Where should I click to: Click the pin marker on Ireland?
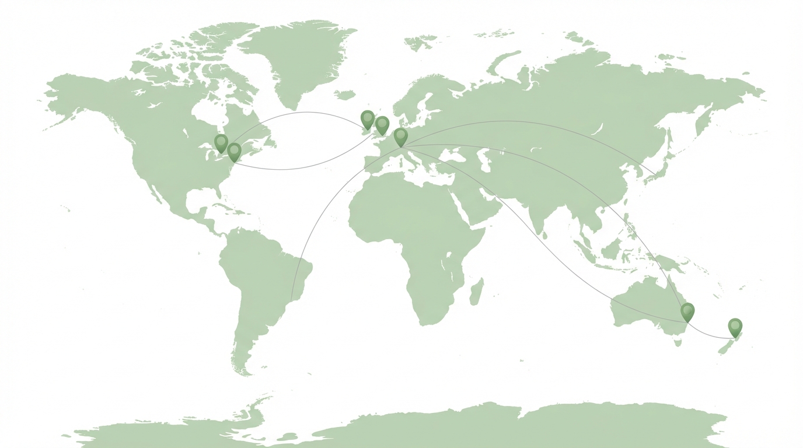[x=368, y=119]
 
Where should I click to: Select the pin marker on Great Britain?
[x=382, y=124]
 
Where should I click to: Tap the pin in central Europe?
[x=400, y=136]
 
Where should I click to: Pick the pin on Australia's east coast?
[x=688, y=311]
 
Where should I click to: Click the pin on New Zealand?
[x=735, y=326]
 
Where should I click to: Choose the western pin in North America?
[x=221, y=142]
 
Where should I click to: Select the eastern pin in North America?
[x=235, y=151]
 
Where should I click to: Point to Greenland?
[x=303, y=58]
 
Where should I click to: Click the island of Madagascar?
[x=476, y=292]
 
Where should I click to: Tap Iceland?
[x=345, y=94]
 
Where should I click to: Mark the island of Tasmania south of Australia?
[x=678, y=342]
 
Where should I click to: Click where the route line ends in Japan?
[x=655, y=174]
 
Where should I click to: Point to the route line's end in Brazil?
[x=291, y=301]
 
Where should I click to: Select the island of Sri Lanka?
[x=544, y=235]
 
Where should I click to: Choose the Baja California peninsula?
[x=155, y=192]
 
